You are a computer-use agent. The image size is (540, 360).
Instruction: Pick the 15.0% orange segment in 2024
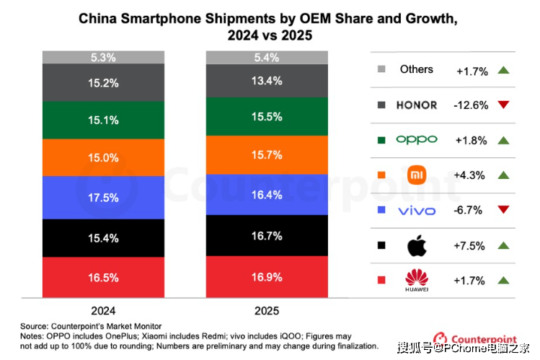click(x=105, y=158)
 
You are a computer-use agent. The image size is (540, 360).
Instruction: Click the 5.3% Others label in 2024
click(x=104, y=57)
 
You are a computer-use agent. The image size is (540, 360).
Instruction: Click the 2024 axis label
click(x=104, y=311)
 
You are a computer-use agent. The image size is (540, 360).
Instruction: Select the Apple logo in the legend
click(x=417, y=245)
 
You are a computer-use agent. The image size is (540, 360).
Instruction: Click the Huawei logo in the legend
click(x=417, y=281)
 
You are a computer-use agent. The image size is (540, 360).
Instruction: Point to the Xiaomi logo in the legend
click(x=417, y=175)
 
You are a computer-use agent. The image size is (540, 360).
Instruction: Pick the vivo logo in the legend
click(x=417, y=210)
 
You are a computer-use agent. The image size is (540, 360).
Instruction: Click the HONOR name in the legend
click(x=417, y=105)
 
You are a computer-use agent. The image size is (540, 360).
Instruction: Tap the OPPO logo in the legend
click(x=417, y=140)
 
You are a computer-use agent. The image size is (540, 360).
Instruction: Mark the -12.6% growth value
click(x=472, y=105)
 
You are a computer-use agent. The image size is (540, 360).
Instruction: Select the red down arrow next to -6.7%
click(x=503, y=210)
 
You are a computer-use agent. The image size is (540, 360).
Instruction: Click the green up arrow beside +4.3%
click(x=503, y=175)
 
